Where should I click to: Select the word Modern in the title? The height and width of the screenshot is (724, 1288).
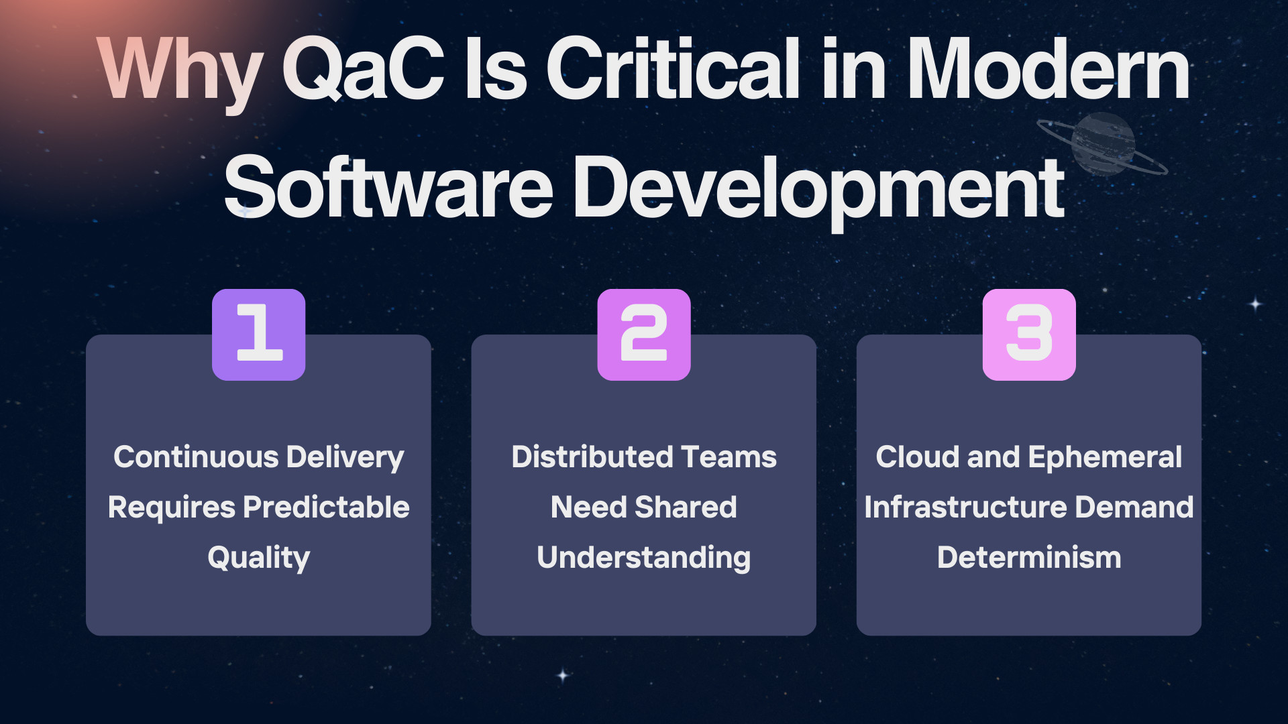coord(1049,68)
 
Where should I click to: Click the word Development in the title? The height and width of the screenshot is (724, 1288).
coord(818,191)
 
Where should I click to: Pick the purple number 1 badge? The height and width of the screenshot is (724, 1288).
coord(259,335)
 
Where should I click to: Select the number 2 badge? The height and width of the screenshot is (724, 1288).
coord(644,335)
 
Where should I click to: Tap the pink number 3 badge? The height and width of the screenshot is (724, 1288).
coord(1029,335)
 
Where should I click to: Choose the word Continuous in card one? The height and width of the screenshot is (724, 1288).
coord(196,457)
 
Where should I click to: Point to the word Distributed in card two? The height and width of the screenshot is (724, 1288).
coord(592,457)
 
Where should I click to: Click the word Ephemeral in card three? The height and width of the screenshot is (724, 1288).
coord(1105,458)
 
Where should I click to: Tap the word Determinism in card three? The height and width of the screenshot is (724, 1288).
coord(1029,558)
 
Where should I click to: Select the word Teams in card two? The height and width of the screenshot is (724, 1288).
coord(729,457)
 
